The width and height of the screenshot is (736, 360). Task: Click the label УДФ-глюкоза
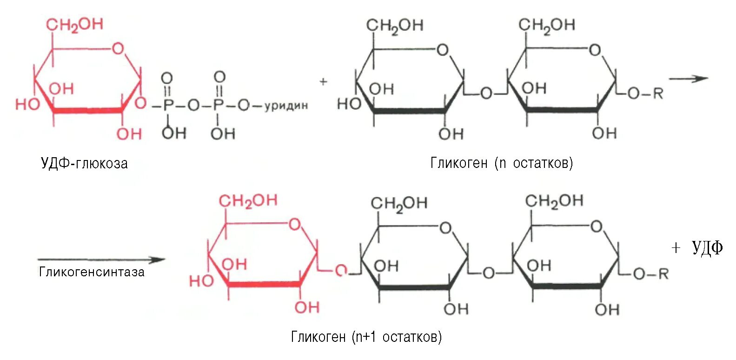click(x=84, y=163)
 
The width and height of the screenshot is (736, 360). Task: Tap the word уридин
click(x=286, y=106)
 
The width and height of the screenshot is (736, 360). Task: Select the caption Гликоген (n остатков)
click(x=501, y=163)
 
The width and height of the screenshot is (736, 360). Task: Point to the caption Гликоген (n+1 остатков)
click(x=366, y=337)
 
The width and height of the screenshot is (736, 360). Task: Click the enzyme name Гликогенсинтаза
click(x=92, y=272)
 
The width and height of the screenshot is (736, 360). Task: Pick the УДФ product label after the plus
click(x=707, y=248)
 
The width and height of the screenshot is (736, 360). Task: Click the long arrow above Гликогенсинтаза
click(x=101, y=260)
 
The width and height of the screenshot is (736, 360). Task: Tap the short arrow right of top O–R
click(x=688, y=79)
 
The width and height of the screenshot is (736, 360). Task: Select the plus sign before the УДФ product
click(x=676, y=248)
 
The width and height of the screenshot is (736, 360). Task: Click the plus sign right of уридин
click(x=323, y=81)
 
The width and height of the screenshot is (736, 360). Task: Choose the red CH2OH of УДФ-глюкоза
click(x=74, y=25)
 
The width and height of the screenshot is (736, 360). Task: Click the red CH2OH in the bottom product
click(x=248, y=201)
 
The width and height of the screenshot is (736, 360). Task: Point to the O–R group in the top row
click(x=645, y=93)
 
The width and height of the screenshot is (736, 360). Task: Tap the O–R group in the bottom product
click(x=650, y=274)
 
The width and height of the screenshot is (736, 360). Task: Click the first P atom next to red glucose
click(x=168, y=106)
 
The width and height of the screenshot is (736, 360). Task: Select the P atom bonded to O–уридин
click(x=219, y=106)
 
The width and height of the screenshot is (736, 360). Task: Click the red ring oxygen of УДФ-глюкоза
click(x=118, y=48)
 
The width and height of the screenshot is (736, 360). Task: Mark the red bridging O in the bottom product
click(x=341, y=270)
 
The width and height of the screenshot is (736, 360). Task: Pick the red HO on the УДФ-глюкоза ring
click(x=27, y=104)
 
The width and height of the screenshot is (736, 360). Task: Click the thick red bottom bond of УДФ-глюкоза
click(x=88, y=111)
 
